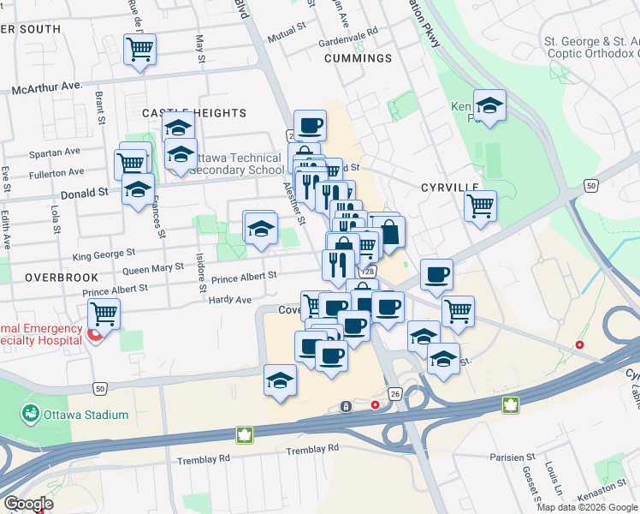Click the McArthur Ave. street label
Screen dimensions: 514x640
point(46,87)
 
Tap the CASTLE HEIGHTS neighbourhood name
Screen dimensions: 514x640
point(193,113)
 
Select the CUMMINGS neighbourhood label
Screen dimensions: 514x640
point(358,58)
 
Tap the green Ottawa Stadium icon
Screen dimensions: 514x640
point(32,415)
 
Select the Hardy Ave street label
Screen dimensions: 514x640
point(231,301)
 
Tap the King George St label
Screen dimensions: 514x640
point(104,254)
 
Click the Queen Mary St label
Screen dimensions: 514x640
point(155,268)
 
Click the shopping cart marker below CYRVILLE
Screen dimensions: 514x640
point(480,205)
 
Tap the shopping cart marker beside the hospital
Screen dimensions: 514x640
point(104,314)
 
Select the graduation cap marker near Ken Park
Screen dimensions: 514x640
point(489,106)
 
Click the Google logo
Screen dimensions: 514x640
point(28,504)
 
